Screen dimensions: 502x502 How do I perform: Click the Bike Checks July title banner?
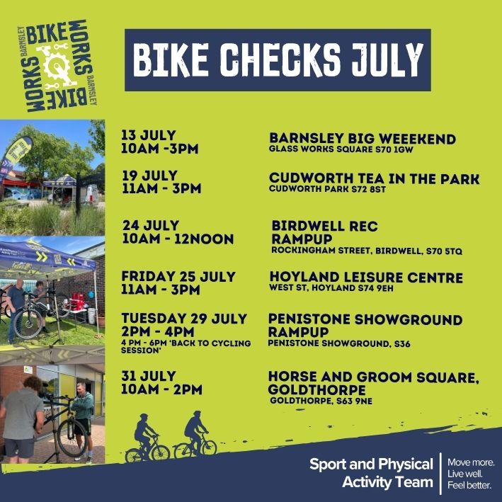pyautogui.click(x=278, y=60)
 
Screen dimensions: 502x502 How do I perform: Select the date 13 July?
pyautogui.click(x=149, y=135)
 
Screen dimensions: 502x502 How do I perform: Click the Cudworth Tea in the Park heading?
pyautogui.click(x=374, y=178)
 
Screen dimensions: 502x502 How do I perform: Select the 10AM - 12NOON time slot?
pyautogui.click(x=178, y=239)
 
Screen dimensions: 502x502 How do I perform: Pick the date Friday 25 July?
pyautogui.click(x=178, y=276)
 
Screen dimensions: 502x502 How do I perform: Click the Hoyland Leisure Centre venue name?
pyautogui.click(x=365, y=277)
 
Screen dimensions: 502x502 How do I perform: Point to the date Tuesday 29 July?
pyautogui.click(x=184, y=318)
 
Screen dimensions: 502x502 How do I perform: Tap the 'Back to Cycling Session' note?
pyautogui.click(x=186, y=346)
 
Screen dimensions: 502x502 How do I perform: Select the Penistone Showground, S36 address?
pyautogui.click(x=339, y=344)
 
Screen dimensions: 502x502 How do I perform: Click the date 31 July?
pyautogui.click(x=149, y=376)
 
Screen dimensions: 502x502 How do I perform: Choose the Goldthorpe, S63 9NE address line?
pyautogui.click(x=321, y=401)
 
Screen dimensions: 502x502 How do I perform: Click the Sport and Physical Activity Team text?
pyautogui.click(x=371, y=473)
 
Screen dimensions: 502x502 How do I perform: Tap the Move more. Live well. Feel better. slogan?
pyautogui.click(x=471, y=473)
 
